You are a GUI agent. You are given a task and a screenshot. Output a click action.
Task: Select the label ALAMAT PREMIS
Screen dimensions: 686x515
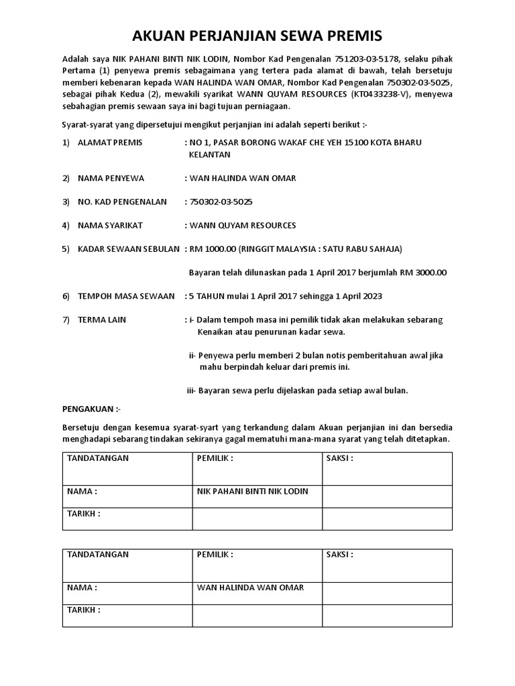click(x=110, y=143)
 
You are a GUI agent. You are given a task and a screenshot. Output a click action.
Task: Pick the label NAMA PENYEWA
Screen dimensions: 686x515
click(x=111, y=178)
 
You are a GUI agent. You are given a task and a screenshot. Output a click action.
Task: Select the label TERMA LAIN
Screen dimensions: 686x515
click(x=102, y=320)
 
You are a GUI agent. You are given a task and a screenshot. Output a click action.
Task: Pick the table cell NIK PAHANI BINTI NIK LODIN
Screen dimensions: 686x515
click(x=252, y=491)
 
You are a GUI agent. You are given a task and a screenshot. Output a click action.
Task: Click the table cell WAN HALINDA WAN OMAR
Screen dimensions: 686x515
click(x=250, y=588)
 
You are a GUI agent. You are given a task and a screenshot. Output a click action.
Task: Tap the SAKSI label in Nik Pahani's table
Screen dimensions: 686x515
click(x=339, y=458)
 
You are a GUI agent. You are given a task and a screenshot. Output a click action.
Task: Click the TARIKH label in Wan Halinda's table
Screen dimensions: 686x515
click(x=84, y=610)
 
